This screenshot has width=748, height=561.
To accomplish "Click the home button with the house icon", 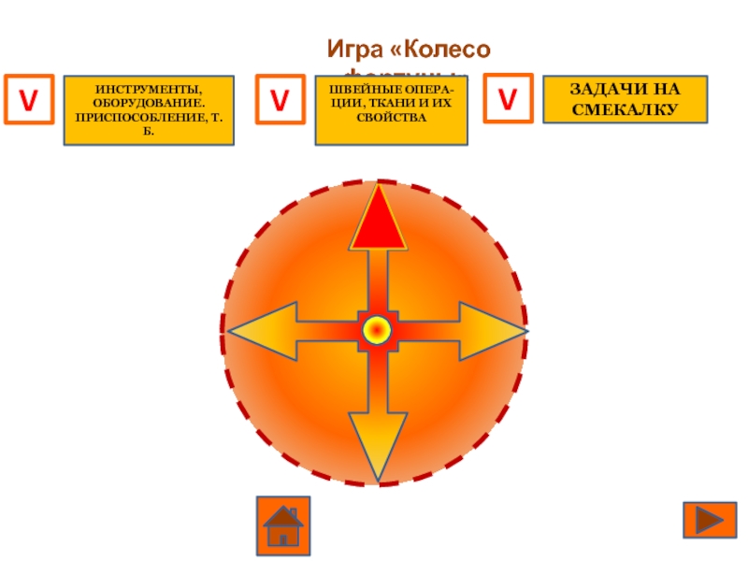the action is click(x=282, y=525).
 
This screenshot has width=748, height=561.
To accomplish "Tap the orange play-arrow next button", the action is click(x=710, y=520).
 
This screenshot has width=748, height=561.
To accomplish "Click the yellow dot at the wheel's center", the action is click(x=377, y=330).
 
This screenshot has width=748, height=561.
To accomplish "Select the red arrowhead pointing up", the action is click(x=378, y=220).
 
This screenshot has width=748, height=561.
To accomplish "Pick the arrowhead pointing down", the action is click(x=378, y=443).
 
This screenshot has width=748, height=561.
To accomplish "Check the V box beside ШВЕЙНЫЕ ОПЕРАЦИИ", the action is click(x=280, y=99).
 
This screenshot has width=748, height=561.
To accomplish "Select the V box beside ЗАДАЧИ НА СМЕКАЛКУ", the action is click(x=508, y=99).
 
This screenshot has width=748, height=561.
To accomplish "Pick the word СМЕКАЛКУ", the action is click(x=625, y=108).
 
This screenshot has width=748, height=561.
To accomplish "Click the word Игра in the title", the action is click(x=352, y=47).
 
